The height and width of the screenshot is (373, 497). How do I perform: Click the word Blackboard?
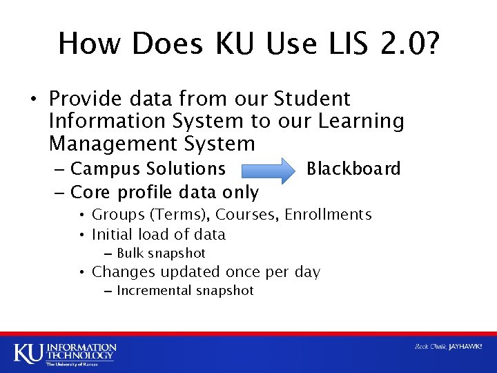353,169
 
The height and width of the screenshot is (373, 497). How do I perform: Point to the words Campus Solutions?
148,169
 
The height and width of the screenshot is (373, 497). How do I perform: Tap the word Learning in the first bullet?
361,121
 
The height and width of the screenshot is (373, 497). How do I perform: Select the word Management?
104,144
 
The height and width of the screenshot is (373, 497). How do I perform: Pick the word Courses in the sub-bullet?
253,215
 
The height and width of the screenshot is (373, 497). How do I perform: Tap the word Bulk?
130,254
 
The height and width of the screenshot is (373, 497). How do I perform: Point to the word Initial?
111,234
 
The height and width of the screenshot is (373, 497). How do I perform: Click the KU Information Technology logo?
65,352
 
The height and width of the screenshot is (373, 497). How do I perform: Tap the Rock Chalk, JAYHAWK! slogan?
448,346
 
